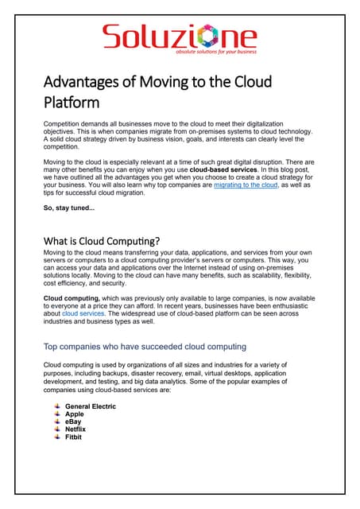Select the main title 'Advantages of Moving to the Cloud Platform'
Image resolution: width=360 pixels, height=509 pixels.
(x=157, y=91)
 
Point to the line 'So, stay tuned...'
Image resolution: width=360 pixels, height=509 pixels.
(x=69, y=208)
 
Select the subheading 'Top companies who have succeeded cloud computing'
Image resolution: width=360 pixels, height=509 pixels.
(x=144, y=346)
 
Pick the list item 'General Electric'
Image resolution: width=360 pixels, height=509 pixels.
(x=90, y=406)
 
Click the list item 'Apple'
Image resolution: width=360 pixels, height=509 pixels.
(x=75, y=414)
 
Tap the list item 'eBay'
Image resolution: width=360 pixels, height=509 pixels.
(x=74, y=422)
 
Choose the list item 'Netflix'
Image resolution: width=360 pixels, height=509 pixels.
(x=76, y=429)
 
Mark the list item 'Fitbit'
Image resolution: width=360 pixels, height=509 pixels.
(x=73, y=437)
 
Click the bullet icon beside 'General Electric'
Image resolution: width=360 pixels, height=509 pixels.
(x=56, y=406)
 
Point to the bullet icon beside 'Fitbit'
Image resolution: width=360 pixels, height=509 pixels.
(x=56, y=437)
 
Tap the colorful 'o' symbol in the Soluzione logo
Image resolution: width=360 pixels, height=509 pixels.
(x=213, y=37)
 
